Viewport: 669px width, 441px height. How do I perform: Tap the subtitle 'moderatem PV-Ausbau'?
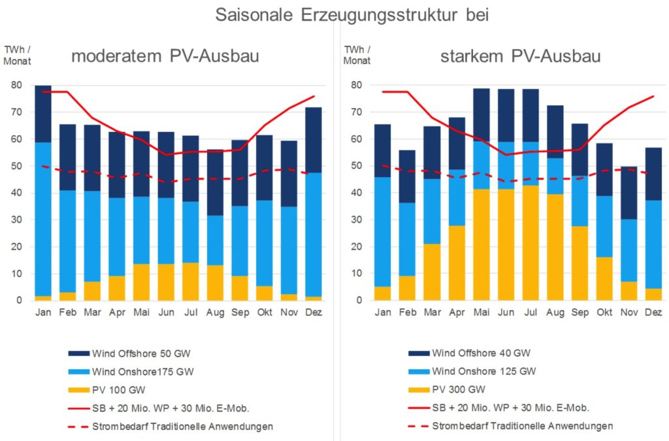click(165, 56)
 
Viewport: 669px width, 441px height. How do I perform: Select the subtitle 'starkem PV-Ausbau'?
click(520, 56)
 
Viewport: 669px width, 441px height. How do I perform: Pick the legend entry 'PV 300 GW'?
click(457, 390)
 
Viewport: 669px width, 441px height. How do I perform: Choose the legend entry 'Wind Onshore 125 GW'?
click(483, 372)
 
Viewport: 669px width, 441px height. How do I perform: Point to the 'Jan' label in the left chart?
click(44, 312)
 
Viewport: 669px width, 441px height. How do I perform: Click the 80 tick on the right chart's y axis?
click(357, 85)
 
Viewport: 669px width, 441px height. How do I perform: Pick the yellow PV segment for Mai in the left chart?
click(142, 282)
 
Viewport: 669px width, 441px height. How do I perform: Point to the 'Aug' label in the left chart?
click(215, 312)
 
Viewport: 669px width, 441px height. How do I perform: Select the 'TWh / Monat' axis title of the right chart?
click(355, 55)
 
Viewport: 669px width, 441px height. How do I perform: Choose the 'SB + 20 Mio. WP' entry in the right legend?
click(510, 408)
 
